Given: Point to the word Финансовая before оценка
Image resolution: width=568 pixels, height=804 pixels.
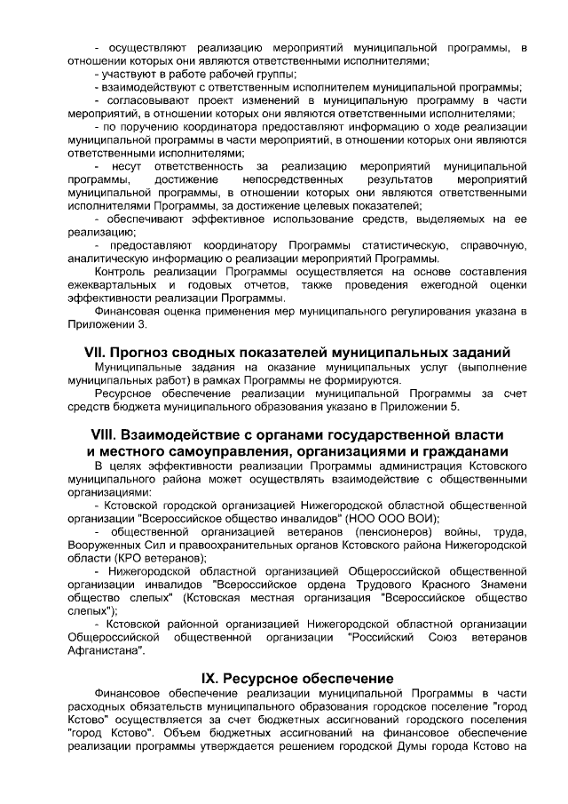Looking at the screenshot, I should pos(128,311).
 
